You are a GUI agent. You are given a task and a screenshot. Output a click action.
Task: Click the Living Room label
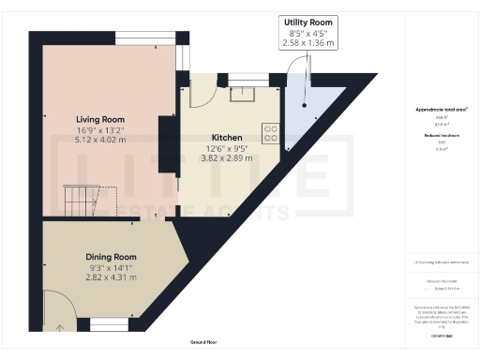tap(100, 120)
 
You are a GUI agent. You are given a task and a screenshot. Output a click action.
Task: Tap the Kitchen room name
tap(227, 137)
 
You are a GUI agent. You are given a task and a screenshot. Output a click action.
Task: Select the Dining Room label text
tap(112, 257)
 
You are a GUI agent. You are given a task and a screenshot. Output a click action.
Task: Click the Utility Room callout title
tap(308, 22)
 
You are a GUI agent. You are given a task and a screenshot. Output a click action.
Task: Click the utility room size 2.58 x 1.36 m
tap(308, 42)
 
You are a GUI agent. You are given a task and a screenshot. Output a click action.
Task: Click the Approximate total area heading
tap(442, 110)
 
